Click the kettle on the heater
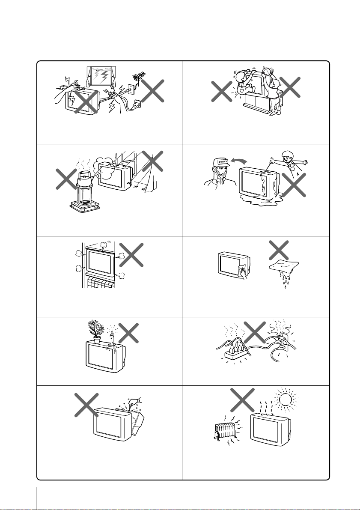pos(85,177)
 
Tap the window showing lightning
pos(100,76)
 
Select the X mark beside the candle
pos(128,333)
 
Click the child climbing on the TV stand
pos(243,83)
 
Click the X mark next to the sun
pos(242,400)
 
